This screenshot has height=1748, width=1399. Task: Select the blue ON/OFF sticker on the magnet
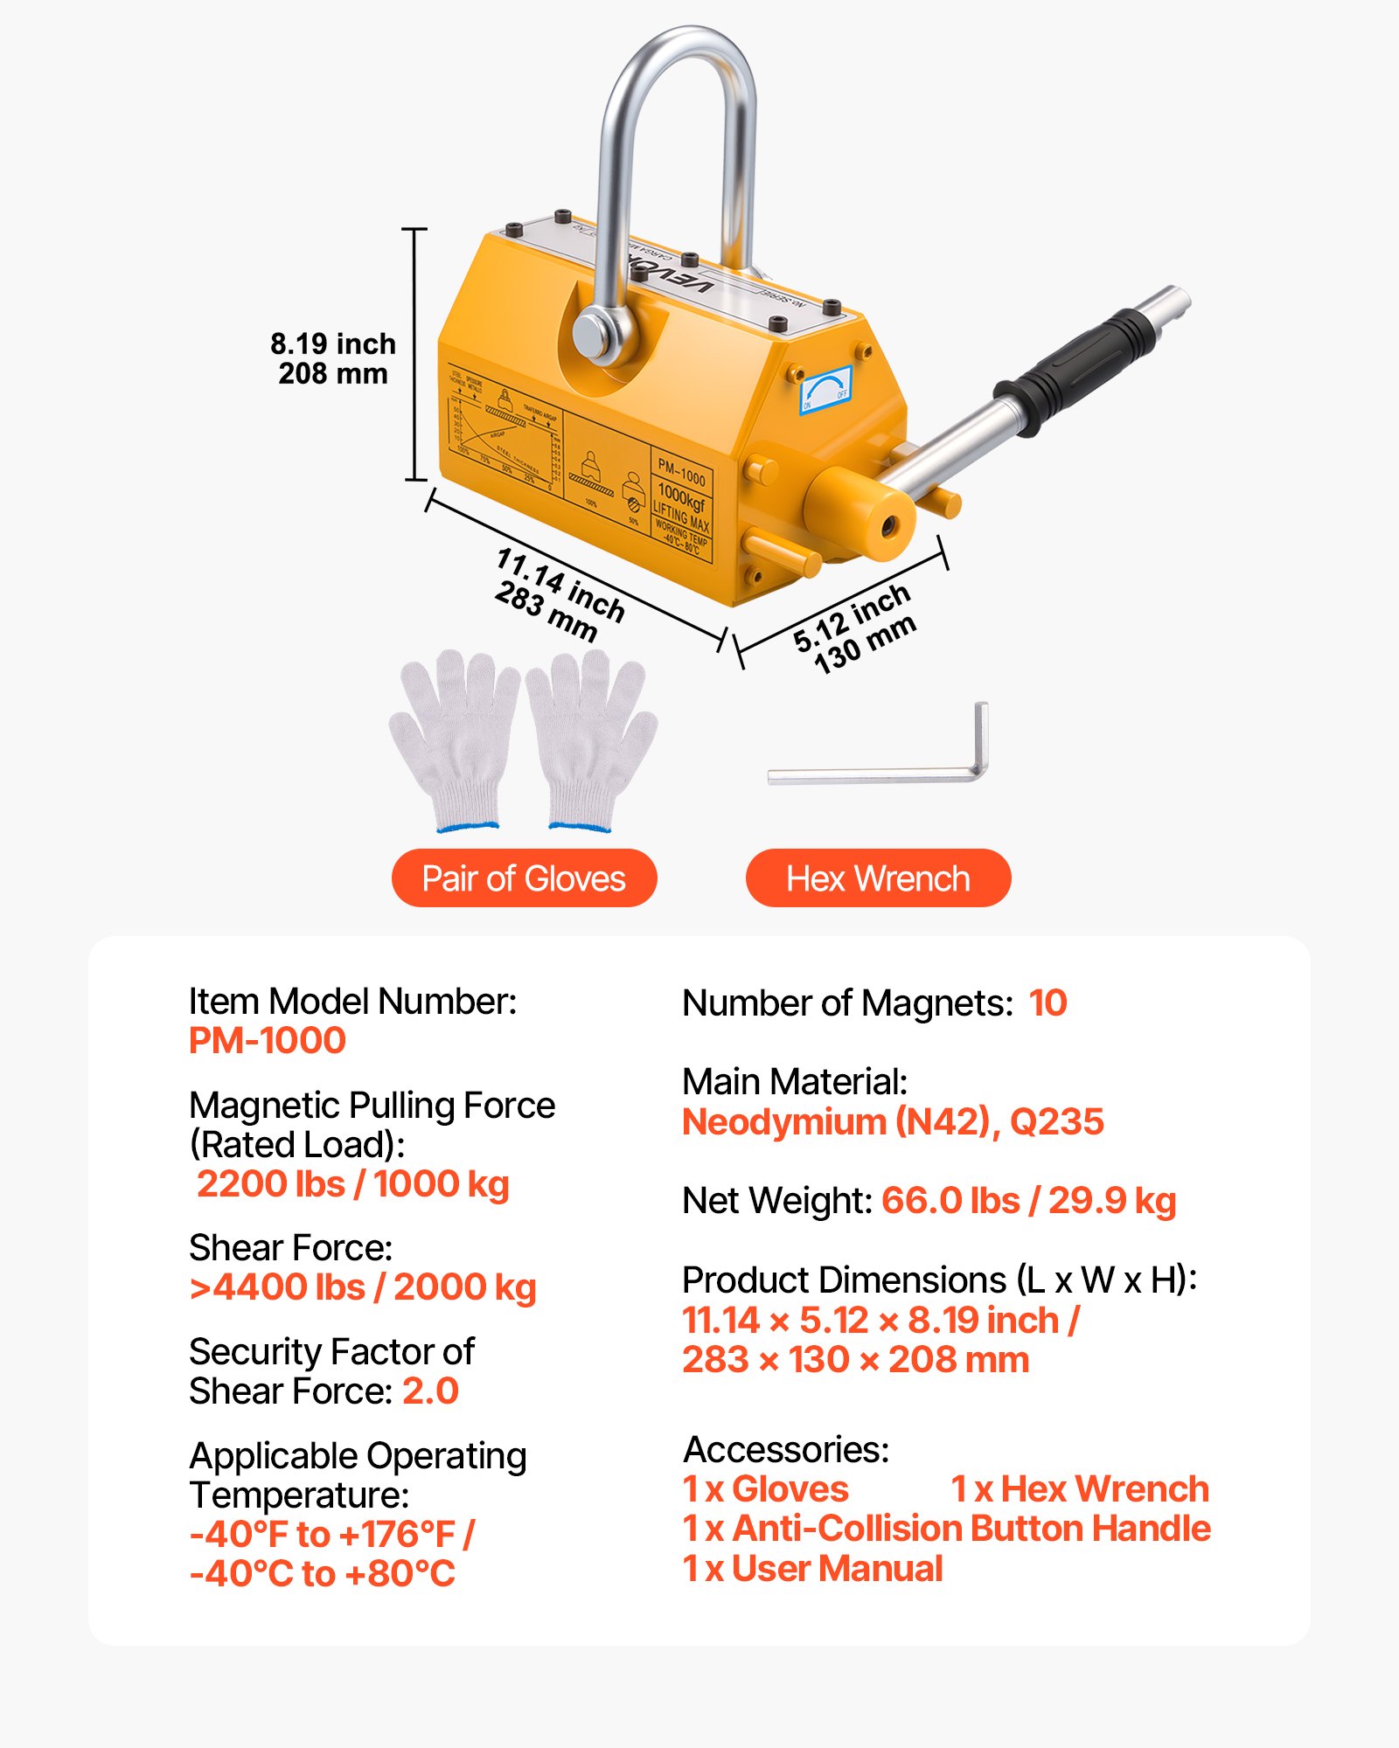825,390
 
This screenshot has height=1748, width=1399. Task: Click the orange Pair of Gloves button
524,878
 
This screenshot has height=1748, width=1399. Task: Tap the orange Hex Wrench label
878,878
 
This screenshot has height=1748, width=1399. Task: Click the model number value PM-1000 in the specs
268,1041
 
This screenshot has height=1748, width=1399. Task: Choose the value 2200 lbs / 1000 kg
353,1184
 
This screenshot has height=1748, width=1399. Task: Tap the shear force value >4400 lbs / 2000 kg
363,1287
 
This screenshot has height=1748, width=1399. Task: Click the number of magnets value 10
1048,1003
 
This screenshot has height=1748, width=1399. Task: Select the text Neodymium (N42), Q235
893,1122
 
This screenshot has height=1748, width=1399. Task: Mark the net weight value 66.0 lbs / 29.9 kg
1028,1201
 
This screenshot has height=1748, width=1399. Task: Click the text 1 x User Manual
812,1569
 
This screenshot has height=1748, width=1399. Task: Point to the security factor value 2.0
430,1391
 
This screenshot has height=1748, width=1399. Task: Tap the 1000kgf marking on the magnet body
682,499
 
